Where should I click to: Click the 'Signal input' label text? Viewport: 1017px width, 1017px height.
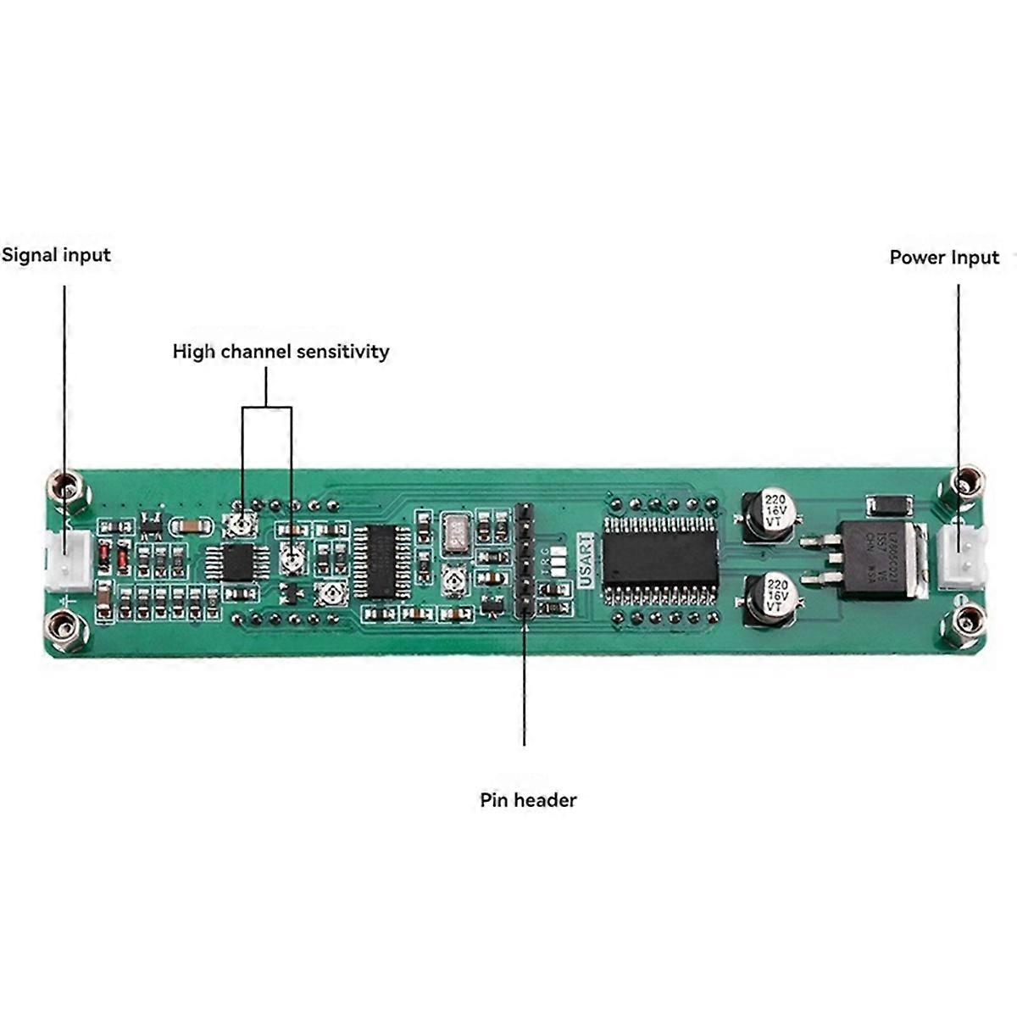coord(56,255)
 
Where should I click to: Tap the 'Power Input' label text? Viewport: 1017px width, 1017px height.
coord(944,258)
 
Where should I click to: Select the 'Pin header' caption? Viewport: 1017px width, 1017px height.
coord(528,800)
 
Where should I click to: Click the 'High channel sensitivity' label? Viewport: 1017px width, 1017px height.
coord(281,352)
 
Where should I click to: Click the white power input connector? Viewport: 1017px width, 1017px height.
coord(962,557)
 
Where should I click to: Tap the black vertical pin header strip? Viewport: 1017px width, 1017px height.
coord(524,559)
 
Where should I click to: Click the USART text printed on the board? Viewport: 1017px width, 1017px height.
coord(586,559)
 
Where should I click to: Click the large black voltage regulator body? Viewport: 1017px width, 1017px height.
coord(873,559)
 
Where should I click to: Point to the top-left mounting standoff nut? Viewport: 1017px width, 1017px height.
coord(68,488)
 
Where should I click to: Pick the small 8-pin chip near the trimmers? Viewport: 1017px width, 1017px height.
coord(240,560)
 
